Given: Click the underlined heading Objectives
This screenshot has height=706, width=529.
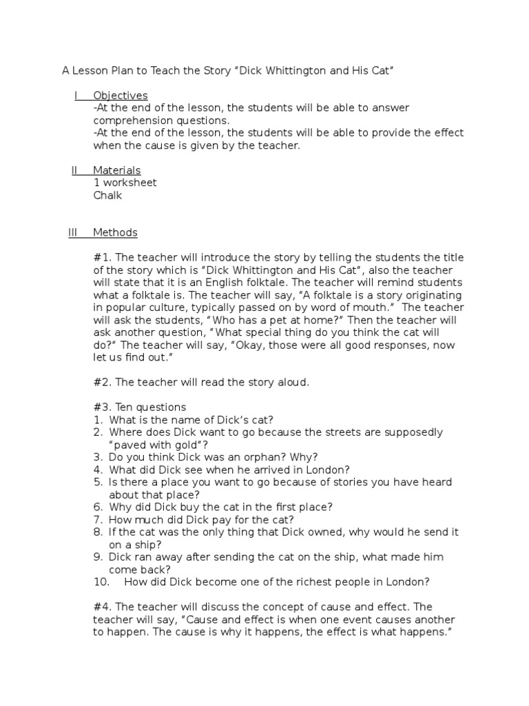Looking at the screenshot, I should coord(121,95).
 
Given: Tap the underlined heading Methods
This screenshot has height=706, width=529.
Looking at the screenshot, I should coord(115,232).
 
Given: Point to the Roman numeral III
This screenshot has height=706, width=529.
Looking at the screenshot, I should coord(73,232).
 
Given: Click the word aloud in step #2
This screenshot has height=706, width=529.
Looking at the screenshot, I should coord(294,382).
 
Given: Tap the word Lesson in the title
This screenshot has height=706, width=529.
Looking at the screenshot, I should coord(91,70).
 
